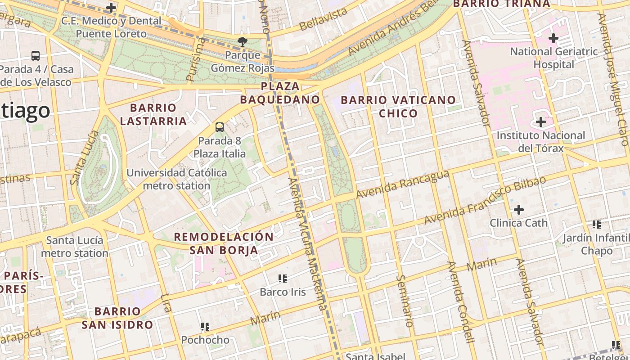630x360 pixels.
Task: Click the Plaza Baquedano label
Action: click(280, 93)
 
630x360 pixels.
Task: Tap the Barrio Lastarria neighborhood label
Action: click(153, 114)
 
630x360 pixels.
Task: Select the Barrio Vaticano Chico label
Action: click(398, 107)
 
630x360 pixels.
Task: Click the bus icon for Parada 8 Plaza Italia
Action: click(220, 127)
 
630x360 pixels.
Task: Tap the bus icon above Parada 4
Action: click(36, 56)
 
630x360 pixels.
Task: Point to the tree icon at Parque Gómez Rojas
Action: click(243, 42)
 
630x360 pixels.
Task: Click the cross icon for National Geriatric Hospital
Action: click(553, 38)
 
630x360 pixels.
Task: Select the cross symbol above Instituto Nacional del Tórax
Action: click(541, 122)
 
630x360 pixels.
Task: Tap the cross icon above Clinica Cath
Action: click(519, 209)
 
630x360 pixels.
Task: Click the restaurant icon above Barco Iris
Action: click(283, 279)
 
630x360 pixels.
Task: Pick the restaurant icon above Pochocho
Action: click(205, 326)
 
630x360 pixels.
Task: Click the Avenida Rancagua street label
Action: click(403, 184)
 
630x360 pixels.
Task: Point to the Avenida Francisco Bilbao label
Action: click(485, 200)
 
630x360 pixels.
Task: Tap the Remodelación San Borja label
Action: click(224, 243)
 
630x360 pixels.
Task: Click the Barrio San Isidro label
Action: click(117, 318)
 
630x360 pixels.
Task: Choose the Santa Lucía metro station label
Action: click(75, 247)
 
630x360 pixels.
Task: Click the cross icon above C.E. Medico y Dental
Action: click(111, 8)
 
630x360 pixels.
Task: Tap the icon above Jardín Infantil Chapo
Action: click(597, 224)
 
